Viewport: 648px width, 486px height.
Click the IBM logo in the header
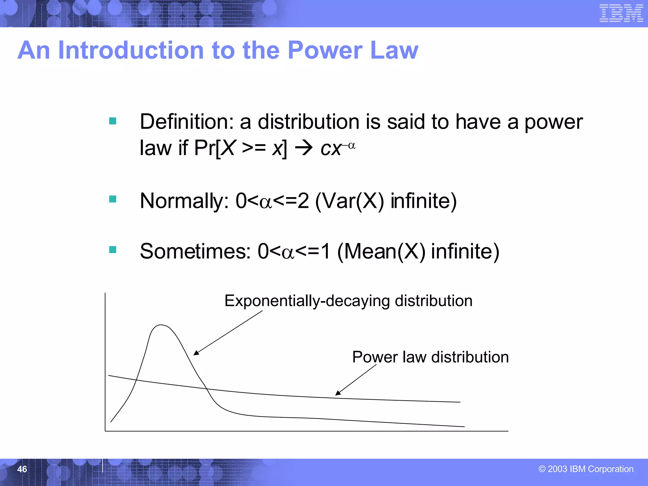pyautogui.click(x=621, y=13)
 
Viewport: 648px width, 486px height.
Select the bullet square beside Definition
pyautogui.click(x=113, y=121)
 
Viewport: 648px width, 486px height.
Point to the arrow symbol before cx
pyautogui.click(x=303, y=148)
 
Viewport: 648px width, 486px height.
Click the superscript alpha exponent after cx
pyautogui.click(x=351, y=146)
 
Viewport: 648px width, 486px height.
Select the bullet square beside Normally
pyautogui.click(x=113, y=199)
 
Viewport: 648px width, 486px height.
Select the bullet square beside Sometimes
pyautogui.click(x=113, y=250)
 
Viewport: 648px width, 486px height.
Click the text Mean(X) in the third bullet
pyautogui.click(x=381, y=251)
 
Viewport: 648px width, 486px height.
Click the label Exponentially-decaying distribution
pyautogui.click(x=348, y=301)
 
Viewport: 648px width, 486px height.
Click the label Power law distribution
pyautogui.click(x=430, y=357)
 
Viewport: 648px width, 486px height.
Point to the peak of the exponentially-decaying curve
pyautogui.click(x=161, y=325)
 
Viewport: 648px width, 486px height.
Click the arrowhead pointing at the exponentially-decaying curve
pyautogui.click(x=196, y=353)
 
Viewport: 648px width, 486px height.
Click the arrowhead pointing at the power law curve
pyautogui.click(x=338, y=393)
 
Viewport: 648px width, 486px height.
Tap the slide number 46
pyautogui.click(x=22, y=469)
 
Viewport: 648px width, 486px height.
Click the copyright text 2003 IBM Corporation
pyautogui.click(x=586, y=469)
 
